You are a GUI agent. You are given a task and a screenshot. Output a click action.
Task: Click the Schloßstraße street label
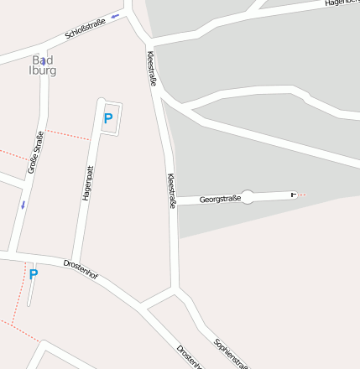point(85,30)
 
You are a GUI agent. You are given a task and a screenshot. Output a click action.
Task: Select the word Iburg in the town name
point(43,71)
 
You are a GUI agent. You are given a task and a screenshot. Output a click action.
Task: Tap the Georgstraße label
point(220,200)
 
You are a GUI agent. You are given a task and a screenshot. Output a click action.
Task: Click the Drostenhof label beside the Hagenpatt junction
point(81,270)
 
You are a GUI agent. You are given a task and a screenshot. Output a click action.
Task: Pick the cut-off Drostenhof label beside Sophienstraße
point(190,357)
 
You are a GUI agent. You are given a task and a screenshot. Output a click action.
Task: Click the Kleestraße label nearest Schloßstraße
point(152,68)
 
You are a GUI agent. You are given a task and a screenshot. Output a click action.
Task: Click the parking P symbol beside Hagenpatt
point(107,118)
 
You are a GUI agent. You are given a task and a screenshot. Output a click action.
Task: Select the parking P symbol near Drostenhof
point(34,274)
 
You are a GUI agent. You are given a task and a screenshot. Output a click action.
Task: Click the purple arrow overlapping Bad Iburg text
point(43,61)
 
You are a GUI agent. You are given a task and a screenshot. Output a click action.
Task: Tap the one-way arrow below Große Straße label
point(23,204)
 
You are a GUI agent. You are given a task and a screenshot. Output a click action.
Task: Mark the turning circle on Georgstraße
point(248,198)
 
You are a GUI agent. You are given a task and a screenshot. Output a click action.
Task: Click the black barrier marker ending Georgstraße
point(293,195)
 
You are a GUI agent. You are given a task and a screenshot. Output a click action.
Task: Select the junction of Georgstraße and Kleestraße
point(175,203)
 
